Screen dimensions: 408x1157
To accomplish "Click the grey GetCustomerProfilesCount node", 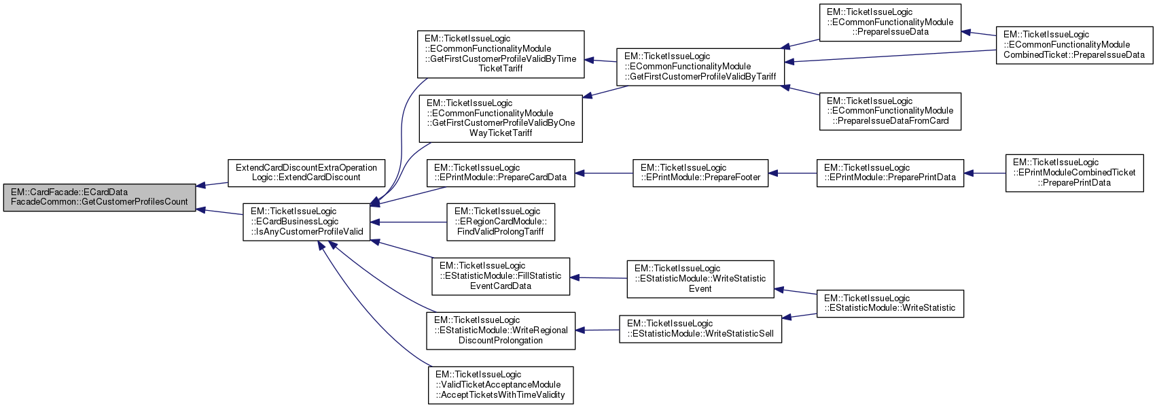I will pos(100,197).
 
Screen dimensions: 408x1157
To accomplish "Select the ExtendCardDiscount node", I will pos(306,173).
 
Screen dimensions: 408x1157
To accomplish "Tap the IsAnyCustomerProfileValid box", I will pos(307,222).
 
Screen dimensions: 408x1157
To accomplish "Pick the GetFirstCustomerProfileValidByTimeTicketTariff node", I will pos(501,54).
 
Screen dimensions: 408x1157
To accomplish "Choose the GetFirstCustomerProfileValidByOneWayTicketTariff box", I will pos(501,118).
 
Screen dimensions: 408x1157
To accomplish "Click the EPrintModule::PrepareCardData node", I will pos(500,173).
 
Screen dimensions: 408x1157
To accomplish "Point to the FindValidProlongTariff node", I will pos(501,222).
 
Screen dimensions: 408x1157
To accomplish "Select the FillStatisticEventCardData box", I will pos(501,276).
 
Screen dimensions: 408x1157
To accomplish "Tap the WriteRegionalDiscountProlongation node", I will pos(501,330).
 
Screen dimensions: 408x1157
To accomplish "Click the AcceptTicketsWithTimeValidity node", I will pos(501,385).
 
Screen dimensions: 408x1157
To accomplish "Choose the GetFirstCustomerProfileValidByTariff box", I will pos(700,67).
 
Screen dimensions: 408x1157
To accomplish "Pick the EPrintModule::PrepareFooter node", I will pos(700,173).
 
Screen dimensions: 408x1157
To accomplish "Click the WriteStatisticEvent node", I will pos(700,279).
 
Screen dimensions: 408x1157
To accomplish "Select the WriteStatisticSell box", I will pos(700,328).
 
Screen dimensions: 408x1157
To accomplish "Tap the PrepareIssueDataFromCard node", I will pos(890,111).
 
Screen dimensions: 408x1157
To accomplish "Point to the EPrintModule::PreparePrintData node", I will pos(890,173).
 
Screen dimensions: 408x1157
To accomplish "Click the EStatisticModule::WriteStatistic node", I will pos(890,303).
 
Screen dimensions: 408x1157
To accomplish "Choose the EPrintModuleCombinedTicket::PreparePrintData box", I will pos(1074,173).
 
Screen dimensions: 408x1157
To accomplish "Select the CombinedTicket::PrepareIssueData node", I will pos(1074,45).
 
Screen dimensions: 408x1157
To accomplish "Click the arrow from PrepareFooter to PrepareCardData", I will pos(604,173).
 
